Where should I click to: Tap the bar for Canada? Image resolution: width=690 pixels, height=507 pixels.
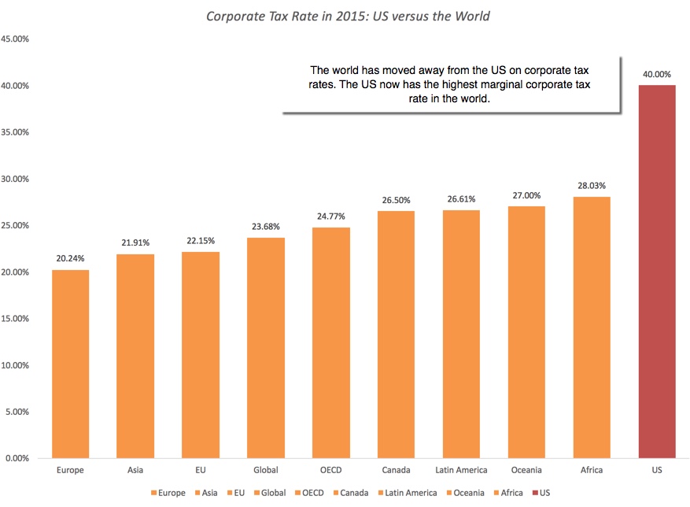396,335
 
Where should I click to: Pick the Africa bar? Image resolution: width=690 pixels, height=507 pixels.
592,328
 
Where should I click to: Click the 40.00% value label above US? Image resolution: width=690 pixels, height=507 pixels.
657,75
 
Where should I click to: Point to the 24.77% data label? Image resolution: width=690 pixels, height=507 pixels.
331,216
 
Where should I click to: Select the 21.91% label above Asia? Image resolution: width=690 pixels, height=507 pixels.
136,243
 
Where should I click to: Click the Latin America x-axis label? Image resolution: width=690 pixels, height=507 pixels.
461,470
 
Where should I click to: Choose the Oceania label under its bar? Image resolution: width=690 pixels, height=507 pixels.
526,470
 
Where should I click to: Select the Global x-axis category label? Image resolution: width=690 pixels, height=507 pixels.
266,470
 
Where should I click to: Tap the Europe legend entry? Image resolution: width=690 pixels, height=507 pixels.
168,493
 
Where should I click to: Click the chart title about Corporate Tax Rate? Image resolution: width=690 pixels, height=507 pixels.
347,16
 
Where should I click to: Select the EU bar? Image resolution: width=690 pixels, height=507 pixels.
201,355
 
